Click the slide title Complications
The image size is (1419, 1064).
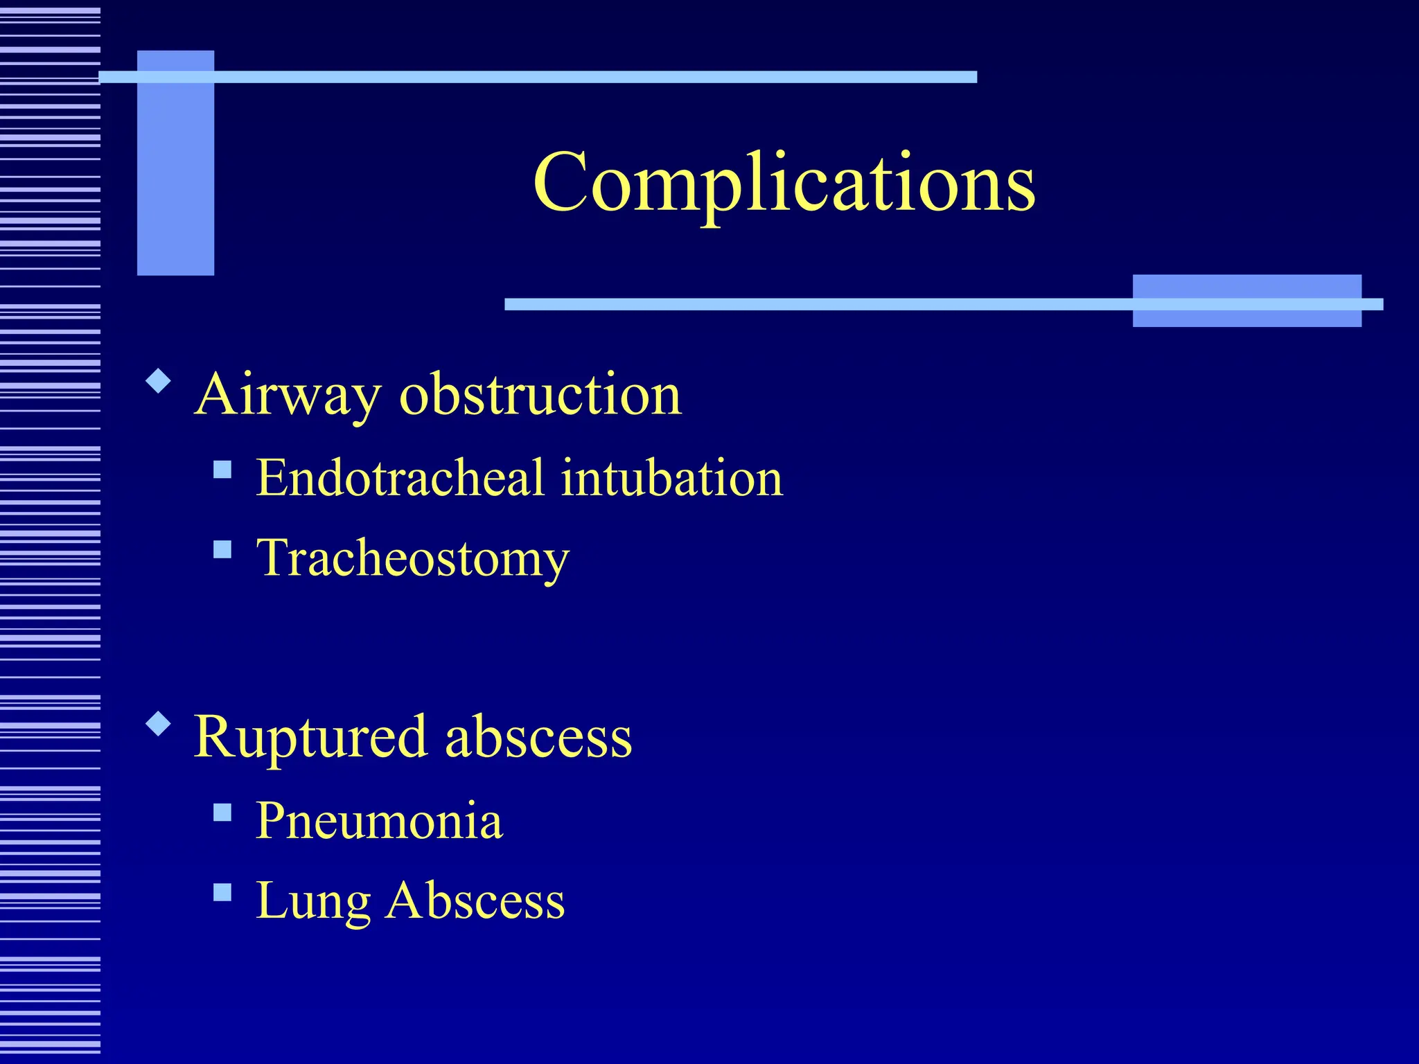[784, 183]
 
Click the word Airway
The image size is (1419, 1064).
[288, 395]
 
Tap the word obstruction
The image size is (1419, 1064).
[540, 395]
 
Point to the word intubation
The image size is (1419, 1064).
[671, 478]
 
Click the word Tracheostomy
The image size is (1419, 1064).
[412, 558]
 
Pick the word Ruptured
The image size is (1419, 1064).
[310, 737]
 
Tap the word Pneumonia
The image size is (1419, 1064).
[379, 821]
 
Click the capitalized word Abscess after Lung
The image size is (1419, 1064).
[475, 901]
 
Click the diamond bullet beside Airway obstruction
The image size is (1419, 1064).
[159, 382]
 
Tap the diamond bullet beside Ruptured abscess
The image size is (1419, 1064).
[159, 724]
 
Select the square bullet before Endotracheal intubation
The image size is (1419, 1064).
[222, 470]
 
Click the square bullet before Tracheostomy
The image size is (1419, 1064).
[222, 550]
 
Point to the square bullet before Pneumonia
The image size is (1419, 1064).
[222, 812]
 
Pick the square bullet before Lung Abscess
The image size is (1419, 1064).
[222, 892]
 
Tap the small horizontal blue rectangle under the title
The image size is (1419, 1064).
[1246, 301]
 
